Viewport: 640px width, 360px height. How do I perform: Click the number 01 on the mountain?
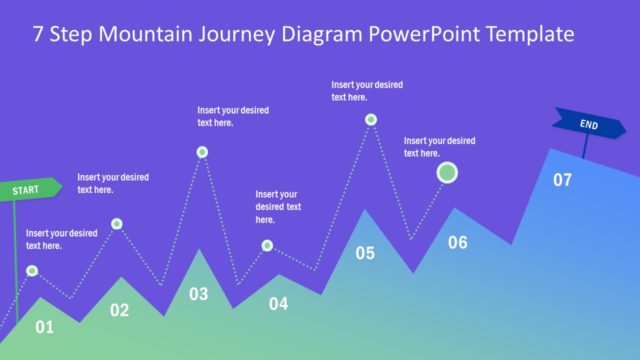pos(44,327)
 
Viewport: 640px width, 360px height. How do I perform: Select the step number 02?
pos(119,310)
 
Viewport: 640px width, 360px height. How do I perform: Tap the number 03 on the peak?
pos(199,294)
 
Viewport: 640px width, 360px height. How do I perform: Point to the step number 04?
pos(278,304)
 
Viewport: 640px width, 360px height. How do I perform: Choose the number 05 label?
pos(365,253)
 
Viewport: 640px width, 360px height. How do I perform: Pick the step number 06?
pos(457,242)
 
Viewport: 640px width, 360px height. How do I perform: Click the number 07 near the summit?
pos(563,180)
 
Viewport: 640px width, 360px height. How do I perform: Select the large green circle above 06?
pos(449,174)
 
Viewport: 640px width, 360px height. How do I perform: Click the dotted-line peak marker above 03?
pos(202,152)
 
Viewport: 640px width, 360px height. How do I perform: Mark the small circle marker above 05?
pos(371,119)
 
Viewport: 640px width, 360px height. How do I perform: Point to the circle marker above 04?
pos(267,245)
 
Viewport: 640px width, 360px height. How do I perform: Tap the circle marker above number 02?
pos(117,223)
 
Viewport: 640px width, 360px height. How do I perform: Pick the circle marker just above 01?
pos(32,270)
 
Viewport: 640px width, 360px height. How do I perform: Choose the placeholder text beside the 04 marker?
pos(278,206)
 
